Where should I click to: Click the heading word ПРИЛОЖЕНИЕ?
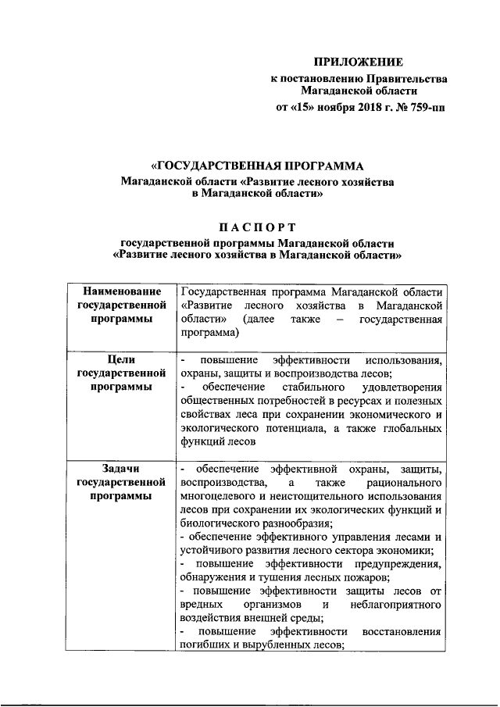[359, 62]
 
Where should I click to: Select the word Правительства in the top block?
[407, 78]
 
